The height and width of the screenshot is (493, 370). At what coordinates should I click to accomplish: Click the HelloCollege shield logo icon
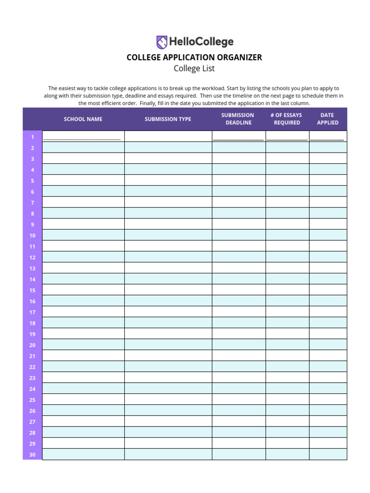click(162, 42)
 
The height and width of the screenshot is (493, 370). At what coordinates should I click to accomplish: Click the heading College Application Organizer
click(194, 57)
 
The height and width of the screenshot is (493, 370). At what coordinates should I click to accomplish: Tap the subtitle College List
click(194, 68)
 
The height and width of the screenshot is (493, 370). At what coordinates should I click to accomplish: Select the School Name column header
click(83, 119)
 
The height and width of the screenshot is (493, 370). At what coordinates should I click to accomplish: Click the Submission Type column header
click(168, 119)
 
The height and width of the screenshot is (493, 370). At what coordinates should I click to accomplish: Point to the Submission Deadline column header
click(238, 119)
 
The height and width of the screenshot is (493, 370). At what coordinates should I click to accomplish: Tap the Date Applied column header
click(327, 119)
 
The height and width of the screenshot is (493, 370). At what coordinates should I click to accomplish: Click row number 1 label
click(32, 137)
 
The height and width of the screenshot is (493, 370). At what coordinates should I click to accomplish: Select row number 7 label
click(32, 203)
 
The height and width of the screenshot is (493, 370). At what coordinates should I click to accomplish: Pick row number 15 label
click(32, 290)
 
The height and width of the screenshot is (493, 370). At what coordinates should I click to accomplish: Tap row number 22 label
click(32, 367)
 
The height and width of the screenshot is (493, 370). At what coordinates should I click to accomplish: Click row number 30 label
click(32, 454)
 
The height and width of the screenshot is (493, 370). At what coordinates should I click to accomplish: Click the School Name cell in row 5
click(83, 181)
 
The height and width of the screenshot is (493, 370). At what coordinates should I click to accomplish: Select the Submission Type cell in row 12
click(168, 258)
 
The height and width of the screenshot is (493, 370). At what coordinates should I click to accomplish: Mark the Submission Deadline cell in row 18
click(238, 323)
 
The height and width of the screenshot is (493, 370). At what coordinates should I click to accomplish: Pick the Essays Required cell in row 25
click(287, 400)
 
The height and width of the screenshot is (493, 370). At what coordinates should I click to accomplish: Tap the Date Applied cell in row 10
click(328, 235)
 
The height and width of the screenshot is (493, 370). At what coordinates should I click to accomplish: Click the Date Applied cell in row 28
click(328, 433)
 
